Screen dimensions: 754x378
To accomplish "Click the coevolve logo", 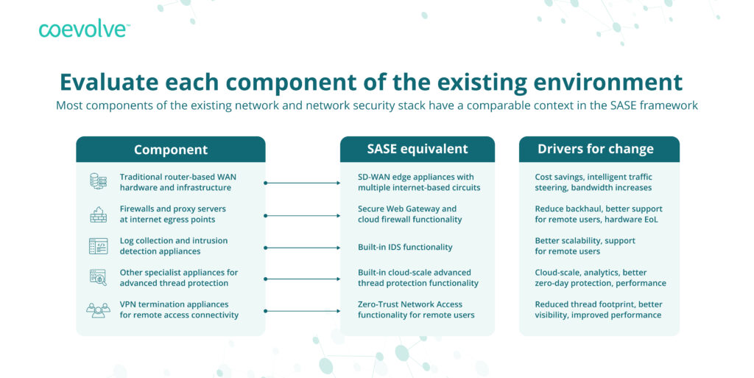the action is (x=84, y=29).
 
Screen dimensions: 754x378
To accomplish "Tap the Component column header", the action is (x=171, y=150).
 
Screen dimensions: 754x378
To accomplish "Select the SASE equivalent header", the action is (x=417, y=149).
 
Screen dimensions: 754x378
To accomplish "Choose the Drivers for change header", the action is (x=596, y=149).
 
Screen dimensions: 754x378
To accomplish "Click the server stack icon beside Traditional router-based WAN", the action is (x=98, y=182).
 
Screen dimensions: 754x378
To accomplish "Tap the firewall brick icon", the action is (x=98, y=214).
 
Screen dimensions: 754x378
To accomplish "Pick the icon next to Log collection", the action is (x=98, y=246).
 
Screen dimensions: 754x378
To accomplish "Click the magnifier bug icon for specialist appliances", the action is (x=98, y=278).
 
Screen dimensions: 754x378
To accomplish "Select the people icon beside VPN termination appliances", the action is (x=98, y=310).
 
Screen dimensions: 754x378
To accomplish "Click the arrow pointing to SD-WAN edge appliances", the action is (x=303, y=183).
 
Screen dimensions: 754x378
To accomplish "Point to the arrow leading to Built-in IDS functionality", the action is (x=303, y=248).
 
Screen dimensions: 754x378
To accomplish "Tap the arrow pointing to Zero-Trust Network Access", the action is (x=303, y=311).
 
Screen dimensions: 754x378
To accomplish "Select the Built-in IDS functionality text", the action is (x=405, y=247).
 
